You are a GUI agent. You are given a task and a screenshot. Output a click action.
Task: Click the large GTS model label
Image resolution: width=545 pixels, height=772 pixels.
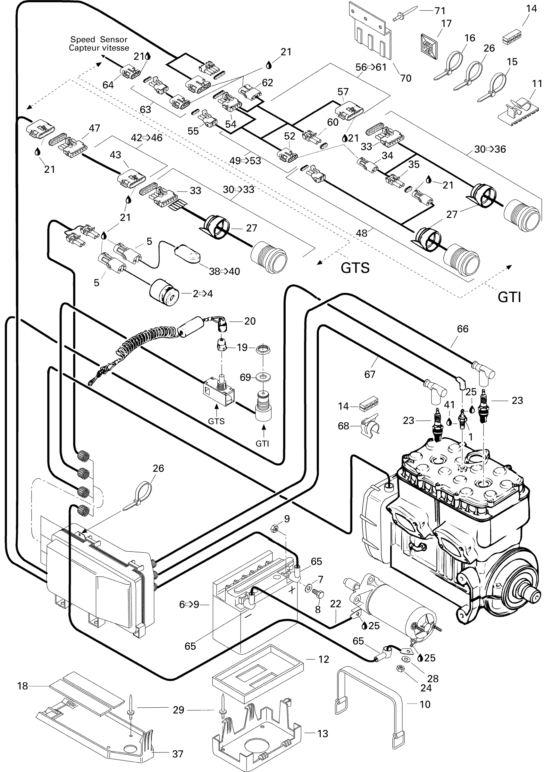(355, 268)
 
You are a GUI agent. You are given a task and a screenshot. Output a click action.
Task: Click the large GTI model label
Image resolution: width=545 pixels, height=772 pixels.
(509, 297)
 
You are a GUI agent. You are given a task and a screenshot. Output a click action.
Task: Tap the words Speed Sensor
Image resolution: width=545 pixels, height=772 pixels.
(99, 39)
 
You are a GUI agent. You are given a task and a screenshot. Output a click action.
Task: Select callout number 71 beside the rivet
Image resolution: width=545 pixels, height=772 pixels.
(440, 11)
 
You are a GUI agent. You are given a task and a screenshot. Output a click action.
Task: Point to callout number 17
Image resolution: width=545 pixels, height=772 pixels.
(446, 24)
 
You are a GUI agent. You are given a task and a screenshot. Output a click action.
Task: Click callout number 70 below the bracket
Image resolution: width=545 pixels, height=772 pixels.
(406, 78)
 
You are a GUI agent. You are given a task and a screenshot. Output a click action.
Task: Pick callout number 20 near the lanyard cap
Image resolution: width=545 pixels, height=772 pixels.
(250, 321)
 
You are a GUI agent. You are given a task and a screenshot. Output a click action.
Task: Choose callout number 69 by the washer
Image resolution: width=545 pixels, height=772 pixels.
(245, 377)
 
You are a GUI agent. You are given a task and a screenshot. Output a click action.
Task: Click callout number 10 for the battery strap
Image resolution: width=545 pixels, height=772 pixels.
(425, 704)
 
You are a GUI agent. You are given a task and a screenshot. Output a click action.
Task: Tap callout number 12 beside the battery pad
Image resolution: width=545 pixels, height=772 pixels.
(323, 659)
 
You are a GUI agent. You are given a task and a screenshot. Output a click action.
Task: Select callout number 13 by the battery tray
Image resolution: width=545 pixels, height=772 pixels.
(323, 734)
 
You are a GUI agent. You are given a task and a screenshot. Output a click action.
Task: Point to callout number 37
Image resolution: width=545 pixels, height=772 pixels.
(178, 754)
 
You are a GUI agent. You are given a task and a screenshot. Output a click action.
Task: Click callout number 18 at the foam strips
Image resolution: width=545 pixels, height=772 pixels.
(22, 686)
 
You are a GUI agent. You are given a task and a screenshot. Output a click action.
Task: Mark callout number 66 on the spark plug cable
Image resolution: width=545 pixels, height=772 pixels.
(463, 329)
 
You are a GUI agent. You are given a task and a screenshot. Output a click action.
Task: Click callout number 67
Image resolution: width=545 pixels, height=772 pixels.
(370, 374)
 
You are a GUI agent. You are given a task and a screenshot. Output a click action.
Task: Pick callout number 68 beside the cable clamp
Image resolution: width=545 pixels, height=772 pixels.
(343, 426)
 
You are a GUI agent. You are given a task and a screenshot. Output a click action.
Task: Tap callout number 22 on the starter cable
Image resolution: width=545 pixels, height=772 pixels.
(336, 604)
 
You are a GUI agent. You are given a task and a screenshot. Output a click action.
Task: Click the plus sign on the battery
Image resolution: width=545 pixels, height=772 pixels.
(292, 590)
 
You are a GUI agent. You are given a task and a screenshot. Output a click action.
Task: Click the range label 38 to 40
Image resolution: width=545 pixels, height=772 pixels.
(224, 271)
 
